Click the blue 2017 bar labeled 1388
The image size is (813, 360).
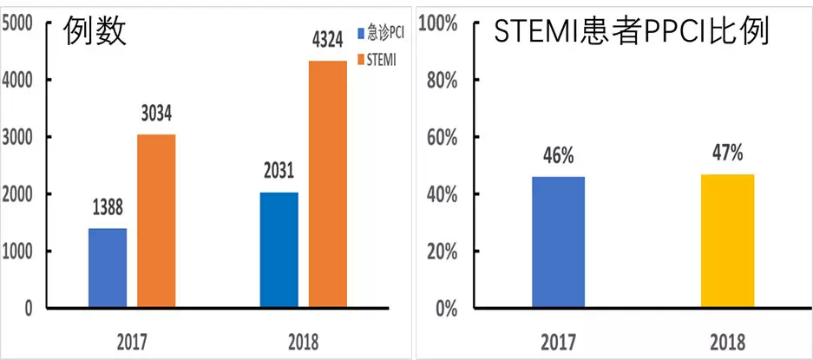pyautogui.click(x=108, y=268)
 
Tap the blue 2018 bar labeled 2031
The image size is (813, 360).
pyautogui.click(x=279, y=250)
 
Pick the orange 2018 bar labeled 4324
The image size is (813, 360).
pyautogui.click(x=328, y=184)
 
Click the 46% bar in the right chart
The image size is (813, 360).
pyautogui.click(x=559, y=242)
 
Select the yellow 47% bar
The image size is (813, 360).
pyautogui.click(x=727, y=241)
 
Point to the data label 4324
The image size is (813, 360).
pyautogui.click(x=328, y=42)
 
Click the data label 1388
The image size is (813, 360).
pyautogui.click(x=108, y=209)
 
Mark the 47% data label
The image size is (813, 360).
pyautogui.click(x=727, y=154)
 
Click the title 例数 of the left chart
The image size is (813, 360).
pyautogui.click(x=95, y=31)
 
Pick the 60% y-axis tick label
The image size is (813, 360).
pyautogui.click(x=443, y=137)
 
